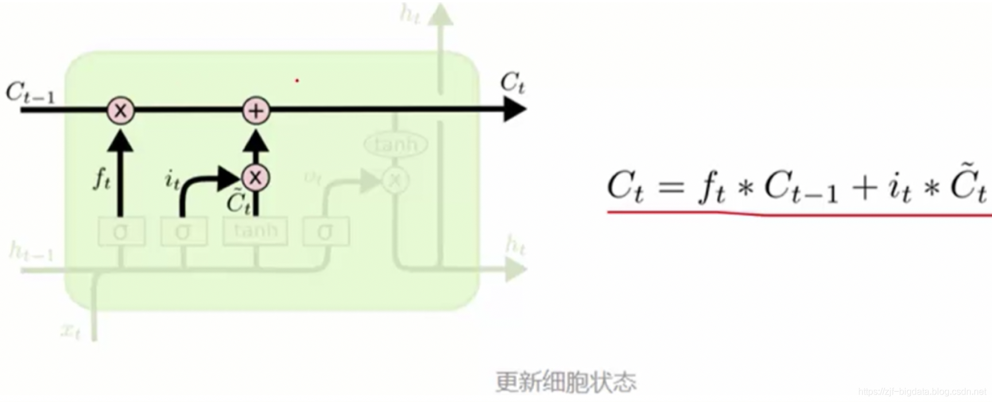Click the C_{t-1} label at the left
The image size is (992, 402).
(30, 94)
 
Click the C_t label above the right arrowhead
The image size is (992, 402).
(512, 83)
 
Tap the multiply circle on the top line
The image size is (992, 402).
(120, 110)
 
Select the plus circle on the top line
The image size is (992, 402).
(256, 110)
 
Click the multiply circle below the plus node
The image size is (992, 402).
(255, 177)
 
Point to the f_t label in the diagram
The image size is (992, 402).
(102, 179)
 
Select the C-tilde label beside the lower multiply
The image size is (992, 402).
(238, 202)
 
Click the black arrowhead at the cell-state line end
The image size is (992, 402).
(514, 110)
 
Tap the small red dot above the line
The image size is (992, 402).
(297, 80)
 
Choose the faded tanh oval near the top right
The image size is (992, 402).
(396, 144)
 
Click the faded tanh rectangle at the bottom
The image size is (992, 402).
(255, 231)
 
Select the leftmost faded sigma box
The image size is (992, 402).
(121, 231)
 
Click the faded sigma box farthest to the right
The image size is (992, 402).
(325, 231)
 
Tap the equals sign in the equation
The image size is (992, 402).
(672, 187)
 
